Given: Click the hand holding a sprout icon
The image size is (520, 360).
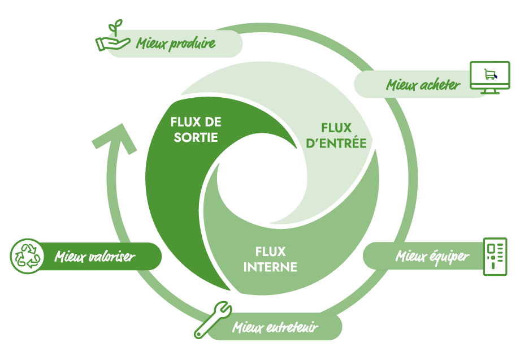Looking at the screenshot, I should (x=111, y=38).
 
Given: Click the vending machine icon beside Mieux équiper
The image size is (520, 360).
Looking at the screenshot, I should (x=496, y=257).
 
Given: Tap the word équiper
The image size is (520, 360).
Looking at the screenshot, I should (x=449, y=257).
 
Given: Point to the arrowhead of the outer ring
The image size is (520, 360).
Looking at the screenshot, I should (x=116, y=138).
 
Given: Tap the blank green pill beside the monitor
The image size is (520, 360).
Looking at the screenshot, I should (x=413, y=84).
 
